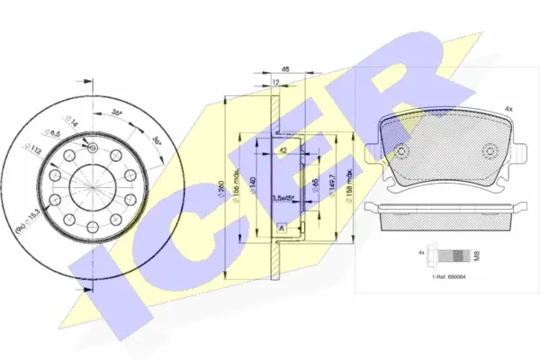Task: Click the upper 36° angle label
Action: [x=117, y=113]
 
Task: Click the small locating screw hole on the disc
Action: [x=93, y=145]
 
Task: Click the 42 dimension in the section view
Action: [x=282, y=150]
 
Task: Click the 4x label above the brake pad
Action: [x=508, y=109]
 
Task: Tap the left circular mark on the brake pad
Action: [x=395, y=150]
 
